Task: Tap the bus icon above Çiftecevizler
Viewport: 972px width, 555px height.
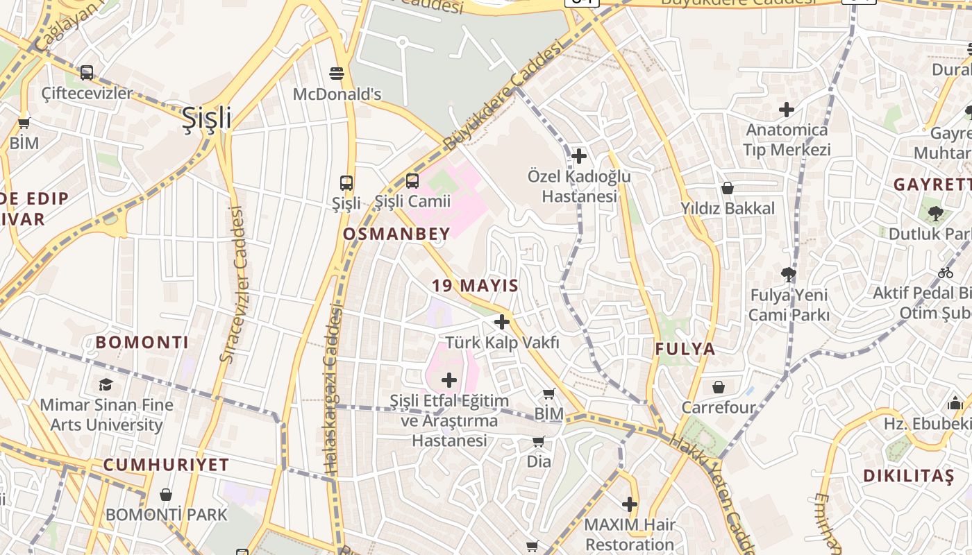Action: tap(87, 72)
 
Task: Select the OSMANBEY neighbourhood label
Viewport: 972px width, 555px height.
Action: tap(396, 234)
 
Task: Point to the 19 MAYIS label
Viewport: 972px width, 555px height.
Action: tap(476, 285)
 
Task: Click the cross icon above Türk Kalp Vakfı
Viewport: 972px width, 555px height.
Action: tap(502, 322)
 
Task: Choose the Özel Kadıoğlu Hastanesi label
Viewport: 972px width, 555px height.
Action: tap(579, 186)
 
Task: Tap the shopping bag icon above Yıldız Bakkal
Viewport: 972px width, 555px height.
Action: tap(728, 188)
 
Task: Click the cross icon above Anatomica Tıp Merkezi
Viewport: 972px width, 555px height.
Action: tap(787, 110)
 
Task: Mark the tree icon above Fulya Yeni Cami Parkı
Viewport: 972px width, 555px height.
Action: tap(788, 275)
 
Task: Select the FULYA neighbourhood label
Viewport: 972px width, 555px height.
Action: tap(685, 349)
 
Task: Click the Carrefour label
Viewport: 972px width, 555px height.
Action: tap(719, 407)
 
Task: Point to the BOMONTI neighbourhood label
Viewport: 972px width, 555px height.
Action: tap(142, 342)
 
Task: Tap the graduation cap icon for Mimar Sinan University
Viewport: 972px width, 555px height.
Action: tap(106, 384)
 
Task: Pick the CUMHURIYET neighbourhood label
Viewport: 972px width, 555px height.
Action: tap(166, 465)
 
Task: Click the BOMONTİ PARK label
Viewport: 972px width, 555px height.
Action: tap(166, 514)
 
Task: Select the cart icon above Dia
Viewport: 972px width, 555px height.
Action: tap(539, 441)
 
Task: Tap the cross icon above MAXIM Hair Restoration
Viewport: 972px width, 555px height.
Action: tap(630, 504)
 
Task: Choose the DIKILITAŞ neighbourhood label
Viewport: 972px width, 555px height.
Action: tap(909, 476)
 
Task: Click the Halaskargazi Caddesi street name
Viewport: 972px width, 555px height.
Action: tap(333, 392)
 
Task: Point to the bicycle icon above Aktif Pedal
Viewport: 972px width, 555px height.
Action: tap(946, 273)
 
